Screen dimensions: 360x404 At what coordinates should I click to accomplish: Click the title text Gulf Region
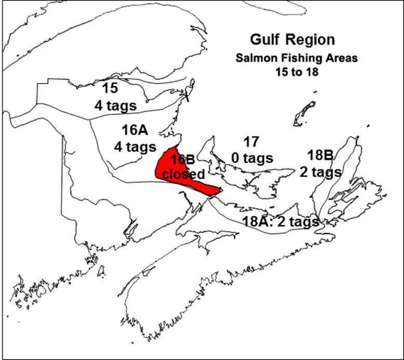coord(292,40)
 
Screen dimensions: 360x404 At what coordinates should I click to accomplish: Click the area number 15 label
coord(110,88)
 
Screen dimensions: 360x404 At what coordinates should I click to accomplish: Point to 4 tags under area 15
coord(115,105)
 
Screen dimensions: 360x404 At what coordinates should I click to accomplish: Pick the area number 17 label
coord(251,142)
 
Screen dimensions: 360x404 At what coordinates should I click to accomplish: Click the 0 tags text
coord(252,158)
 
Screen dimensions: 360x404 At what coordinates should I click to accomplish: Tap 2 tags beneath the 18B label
coord(320,171)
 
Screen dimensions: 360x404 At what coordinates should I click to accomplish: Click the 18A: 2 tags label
coord(280,221)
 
